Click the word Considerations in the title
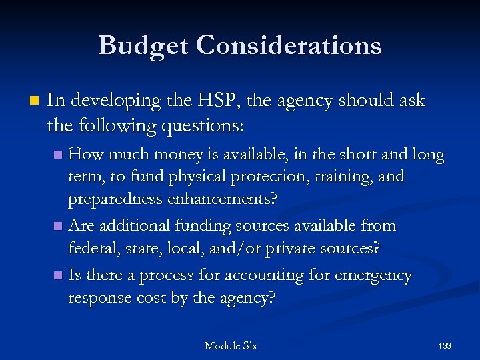pyautogui.click(x=290, y=45)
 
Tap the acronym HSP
pyautogui.click(x=220, y=101)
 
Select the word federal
pyautogui.click(x=91, y=248)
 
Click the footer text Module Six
pyautogui.click(x=231, y=345)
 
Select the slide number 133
pyautogui.click(x=445, y=345)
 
